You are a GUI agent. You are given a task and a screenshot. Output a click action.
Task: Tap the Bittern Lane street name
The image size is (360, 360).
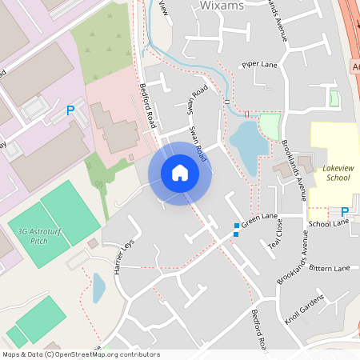pyautogui.click(x=329, y=268)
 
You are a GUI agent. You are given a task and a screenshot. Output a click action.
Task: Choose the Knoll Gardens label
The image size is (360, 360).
pyautogui.click(x=304, y=309)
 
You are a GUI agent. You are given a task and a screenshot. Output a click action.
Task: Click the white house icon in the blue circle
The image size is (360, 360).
pyautogui.click(x=180, y=173)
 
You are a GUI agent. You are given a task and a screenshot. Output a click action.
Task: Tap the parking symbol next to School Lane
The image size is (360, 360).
pyautogui.click(x=345, y=212)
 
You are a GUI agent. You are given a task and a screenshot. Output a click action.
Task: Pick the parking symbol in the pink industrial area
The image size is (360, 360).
pyautogui.click(x=70, y=110)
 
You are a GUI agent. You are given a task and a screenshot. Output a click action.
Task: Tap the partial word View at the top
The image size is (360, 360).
pyautogui.click(x=165, y=8)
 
